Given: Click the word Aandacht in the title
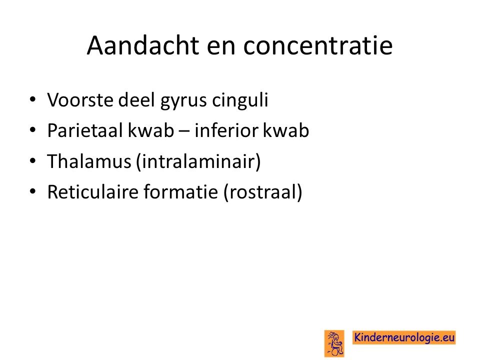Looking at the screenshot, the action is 143,45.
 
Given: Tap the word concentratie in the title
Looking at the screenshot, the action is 318,45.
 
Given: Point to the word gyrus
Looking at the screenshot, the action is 183,101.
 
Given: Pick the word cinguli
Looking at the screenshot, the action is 240,100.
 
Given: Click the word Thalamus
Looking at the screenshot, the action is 89,161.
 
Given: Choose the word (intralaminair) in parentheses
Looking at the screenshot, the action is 198,161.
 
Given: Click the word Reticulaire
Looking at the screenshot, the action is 93,192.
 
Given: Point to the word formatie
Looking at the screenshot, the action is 181,192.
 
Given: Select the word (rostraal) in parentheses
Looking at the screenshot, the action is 263,192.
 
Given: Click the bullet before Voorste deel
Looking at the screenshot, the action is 33,100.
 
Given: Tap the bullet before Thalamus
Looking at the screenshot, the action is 33,161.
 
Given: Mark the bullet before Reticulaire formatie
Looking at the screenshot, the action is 33,191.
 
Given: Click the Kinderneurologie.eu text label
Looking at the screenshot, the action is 404,337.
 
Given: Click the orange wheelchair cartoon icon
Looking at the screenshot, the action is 334,343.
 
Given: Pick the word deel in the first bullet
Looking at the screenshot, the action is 136,100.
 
